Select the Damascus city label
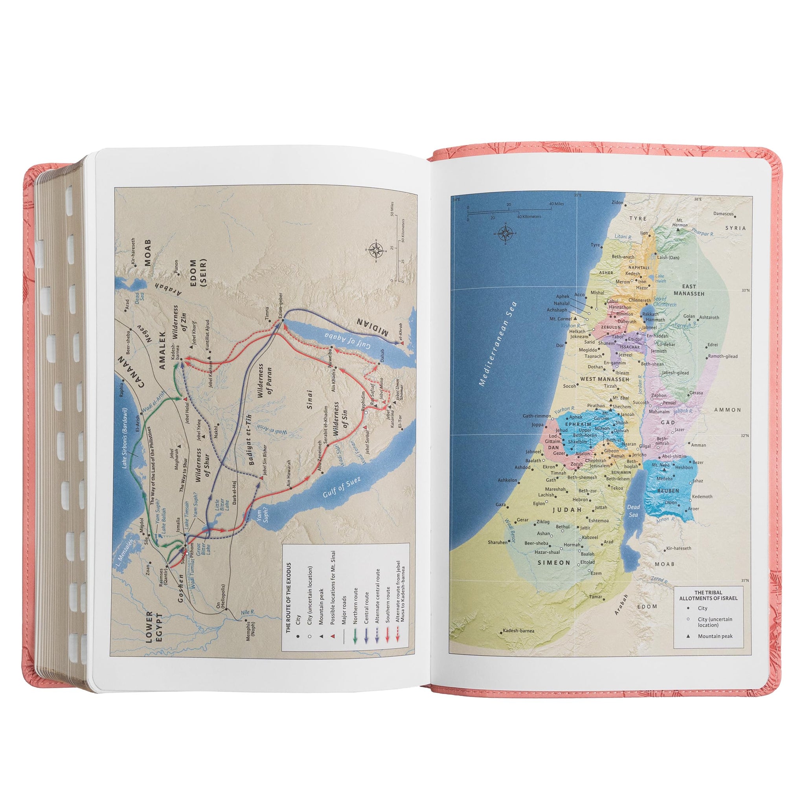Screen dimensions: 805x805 click(x=723, y=214)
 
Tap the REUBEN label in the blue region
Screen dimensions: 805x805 click(x=668, y=491)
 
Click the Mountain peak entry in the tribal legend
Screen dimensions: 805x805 click(x=715, y=636)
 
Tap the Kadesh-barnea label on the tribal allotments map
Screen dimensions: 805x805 click(x=518, y=631)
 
